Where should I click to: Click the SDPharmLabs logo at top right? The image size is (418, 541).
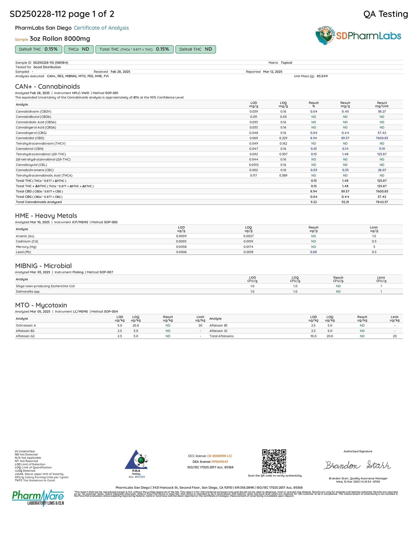point(358,36)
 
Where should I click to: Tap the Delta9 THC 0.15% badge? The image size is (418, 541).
point(38,49)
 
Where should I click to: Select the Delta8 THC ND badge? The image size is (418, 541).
point(196,49)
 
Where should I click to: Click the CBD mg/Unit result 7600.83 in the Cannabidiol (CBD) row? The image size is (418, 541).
point(382,138)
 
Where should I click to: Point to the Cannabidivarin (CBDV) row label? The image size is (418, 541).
point(34,111)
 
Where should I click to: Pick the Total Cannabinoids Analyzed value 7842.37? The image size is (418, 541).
point(382,202)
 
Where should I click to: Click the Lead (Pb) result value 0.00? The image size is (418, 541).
point(313,252)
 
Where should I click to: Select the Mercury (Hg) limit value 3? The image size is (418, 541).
point(374,247)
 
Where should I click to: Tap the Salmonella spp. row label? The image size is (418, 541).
point(28,291)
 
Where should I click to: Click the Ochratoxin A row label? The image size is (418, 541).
point(26,325)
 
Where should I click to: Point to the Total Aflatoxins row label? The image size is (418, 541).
point(221,336)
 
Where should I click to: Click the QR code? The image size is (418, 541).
point(274,461)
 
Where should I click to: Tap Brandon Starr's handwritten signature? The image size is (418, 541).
point(358,465)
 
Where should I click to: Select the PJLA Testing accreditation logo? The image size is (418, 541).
point(136,463)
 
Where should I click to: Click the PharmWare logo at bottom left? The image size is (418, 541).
point(38,498)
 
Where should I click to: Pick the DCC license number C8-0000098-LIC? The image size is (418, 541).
point(220,456)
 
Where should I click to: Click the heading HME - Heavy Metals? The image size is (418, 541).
point(46,216)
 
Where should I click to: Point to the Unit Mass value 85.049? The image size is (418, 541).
point(322,76)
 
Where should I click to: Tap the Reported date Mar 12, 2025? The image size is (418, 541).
point(272,72)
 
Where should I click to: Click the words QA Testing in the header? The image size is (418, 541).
point(386,14)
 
